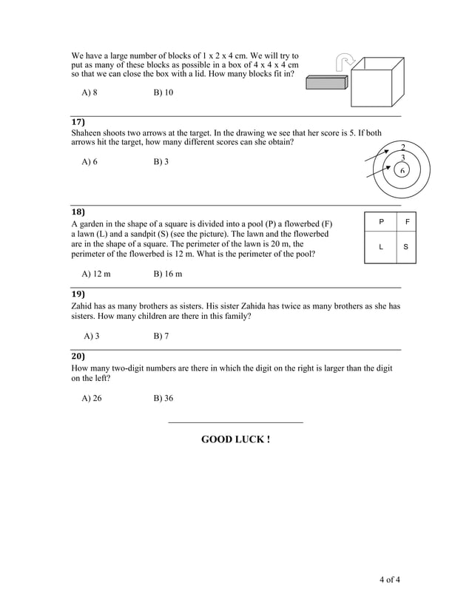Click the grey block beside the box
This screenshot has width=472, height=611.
pyautogui.click(x=326, y=83)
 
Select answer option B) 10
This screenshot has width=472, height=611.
pyautogui.click(x=163, y=92)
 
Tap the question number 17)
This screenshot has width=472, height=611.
pyautogui.click(x=78, y=121)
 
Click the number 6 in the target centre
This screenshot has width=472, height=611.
pyautogui.click(x=402, y=171)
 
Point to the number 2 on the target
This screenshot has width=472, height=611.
pyautogui.click(x=402, y=146)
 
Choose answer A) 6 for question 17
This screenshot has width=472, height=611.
pyautogui.click(x=90, y=161)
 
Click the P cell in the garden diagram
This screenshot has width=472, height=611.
pyautogui.click(x=381, y=221)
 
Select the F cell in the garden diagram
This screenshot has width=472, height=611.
pyautogui.click(x=406, y=221)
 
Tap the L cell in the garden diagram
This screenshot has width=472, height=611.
pyautogui.click(x=381, y=248)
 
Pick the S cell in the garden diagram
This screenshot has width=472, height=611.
pyautogui.click(x=406, y=248)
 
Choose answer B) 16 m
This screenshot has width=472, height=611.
pyautogui.click(x=167, y=274)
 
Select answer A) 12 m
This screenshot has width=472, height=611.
pyautogui.click(x=96, y=274)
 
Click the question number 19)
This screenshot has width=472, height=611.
pyautogui.click(x=78, y=294)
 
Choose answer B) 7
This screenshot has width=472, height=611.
pyautogui.click(x=161, y=336)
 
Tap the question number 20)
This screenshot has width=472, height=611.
pyautogui.click(x=78, y=356)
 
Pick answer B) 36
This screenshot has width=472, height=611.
pyautogui.click(x=163, y=398)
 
